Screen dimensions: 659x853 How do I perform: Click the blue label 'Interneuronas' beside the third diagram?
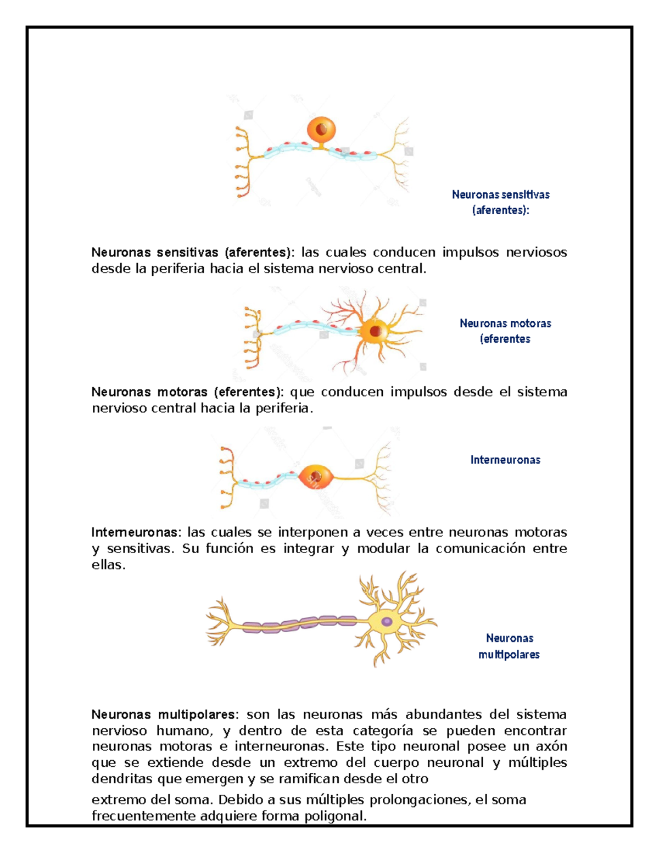click(505, 460)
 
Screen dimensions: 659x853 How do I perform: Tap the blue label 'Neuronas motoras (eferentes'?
click(505, 331)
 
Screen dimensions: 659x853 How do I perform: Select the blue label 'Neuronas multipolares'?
click(509, 646)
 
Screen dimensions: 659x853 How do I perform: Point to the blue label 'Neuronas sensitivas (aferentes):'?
click(500, 202)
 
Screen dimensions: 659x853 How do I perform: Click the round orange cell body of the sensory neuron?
click(322, 130)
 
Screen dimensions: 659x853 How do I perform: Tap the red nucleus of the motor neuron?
click(376, 331)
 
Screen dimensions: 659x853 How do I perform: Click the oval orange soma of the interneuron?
click(316, 477)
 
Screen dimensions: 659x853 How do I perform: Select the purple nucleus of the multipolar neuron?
click(387, 622)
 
